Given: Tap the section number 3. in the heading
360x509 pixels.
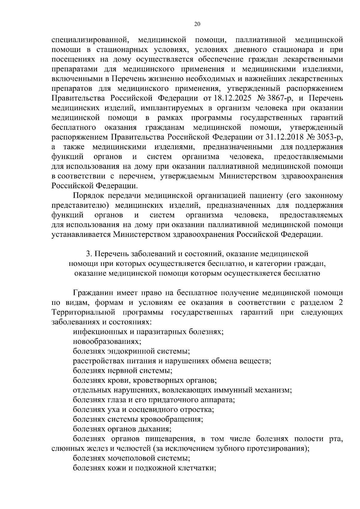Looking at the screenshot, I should click(88, 254).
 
